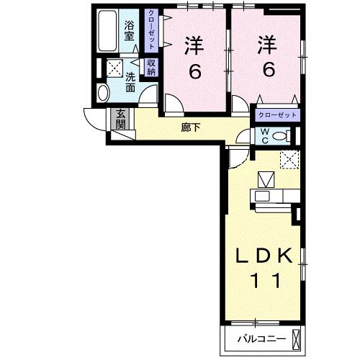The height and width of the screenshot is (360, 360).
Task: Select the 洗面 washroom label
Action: click(130, 81)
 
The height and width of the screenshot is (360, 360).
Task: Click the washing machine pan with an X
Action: click(113, 70)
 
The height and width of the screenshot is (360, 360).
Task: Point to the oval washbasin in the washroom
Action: click(102, 92)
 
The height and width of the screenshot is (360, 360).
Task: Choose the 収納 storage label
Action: click(151, 67)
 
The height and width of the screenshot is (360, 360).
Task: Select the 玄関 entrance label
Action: click(121, 118)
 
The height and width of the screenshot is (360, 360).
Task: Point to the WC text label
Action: click(265, 136)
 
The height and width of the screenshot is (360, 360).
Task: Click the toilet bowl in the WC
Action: click(282, 135)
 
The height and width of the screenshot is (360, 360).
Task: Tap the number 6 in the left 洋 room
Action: click(194, 71)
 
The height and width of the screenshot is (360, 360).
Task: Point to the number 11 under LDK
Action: click(266, 282)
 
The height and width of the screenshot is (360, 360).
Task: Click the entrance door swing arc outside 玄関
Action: click(94, 120)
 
